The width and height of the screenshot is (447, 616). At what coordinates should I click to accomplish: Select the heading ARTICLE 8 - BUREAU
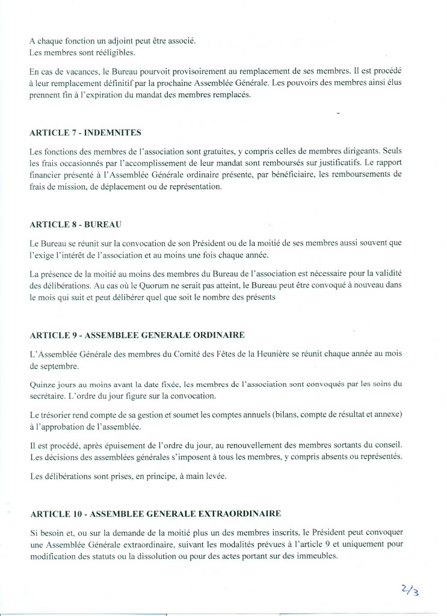click(76, 224)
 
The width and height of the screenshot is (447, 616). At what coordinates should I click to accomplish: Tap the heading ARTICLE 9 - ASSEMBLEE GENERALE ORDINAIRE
click(137, 335)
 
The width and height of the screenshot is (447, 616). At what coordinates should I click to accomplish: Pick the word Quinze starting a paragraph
click(42, 384)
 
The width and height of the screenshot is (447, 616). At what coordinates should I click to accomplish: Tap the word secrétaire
click(48, 396)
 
